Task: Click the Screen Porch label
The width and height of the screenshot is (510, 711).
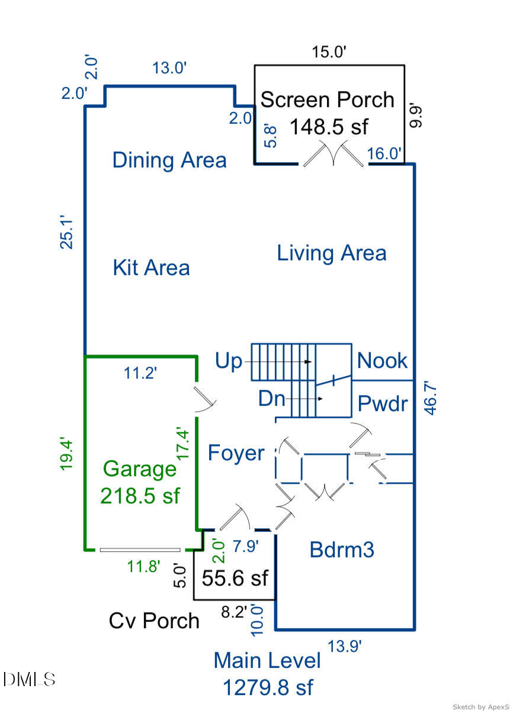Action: pos(328,99)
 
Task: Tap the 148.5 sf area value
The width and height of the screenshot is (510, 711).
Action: pos(329,127)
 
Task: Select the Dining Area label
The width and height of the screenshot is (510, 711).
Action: pos(169,160)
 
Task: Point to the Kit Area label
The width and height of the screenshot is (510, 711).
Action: pos(151,267)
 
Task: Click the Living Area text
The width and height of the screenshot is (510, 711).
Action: pos(332,253)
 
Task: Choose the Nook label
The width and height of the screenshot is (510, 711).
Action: pos(382,360)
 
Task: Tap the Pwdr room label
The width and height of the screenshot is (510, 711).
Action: pos(383,403)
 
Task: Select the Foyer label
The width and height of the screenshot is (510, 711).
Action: pos(236,453)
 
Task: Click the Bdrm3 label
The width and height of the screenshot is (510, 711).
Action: pos(342,550)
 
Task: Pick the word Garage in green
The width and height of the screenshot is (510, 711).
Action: pos(140,469)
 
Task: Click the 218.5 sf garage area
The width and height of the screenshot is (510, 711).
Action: pos(140,496)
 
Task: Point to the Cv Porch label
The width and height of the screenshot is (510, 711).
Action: pos(154,620)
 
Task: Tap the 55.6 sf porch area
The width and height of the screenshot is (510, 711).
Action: pos(235,578)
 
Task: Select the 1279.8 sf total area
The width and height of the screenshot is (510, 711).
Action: pos(268,688)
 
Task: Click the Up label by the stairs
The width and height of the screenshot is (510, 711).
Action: pos(229,360)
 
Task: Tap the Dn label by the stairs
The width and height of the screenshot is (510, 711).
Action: pos(271,399)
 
